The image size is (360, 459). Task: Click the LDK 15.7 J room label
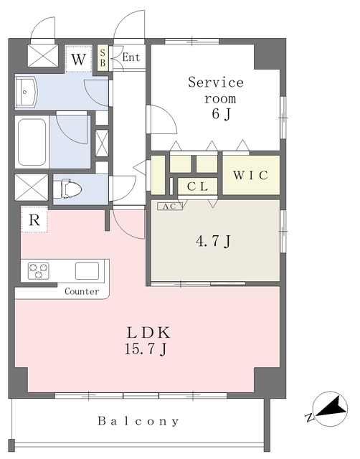point(147,340)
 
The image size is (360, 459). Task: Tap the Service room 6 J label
point(217,98)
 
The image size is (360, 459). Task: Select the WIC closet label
point(250,175)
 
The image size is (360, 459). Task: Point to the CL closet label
point(197,186)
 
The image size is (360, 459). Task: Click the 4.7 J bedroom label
point(214,241)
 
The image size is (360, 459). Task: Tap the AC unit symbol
point(170,207)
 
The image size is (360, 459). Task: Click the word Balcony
point(138,421)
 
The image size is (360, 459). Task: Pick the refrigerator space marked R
point(34,219)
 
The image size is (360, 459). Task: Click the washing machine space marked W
point(78,60)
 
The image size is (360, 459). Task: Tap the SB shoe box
point(103,57)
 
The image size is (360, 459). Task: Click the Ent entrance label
point(131,57)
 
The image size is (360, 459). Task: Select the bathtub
point(32,142)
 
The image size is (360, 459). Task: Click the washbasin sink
point(26,93)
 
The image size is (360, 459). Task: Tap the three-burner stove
point(39,271)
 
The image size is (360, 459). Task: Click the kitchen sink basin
point(87,271)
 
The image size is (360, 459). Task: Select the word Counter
point(82,292)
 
